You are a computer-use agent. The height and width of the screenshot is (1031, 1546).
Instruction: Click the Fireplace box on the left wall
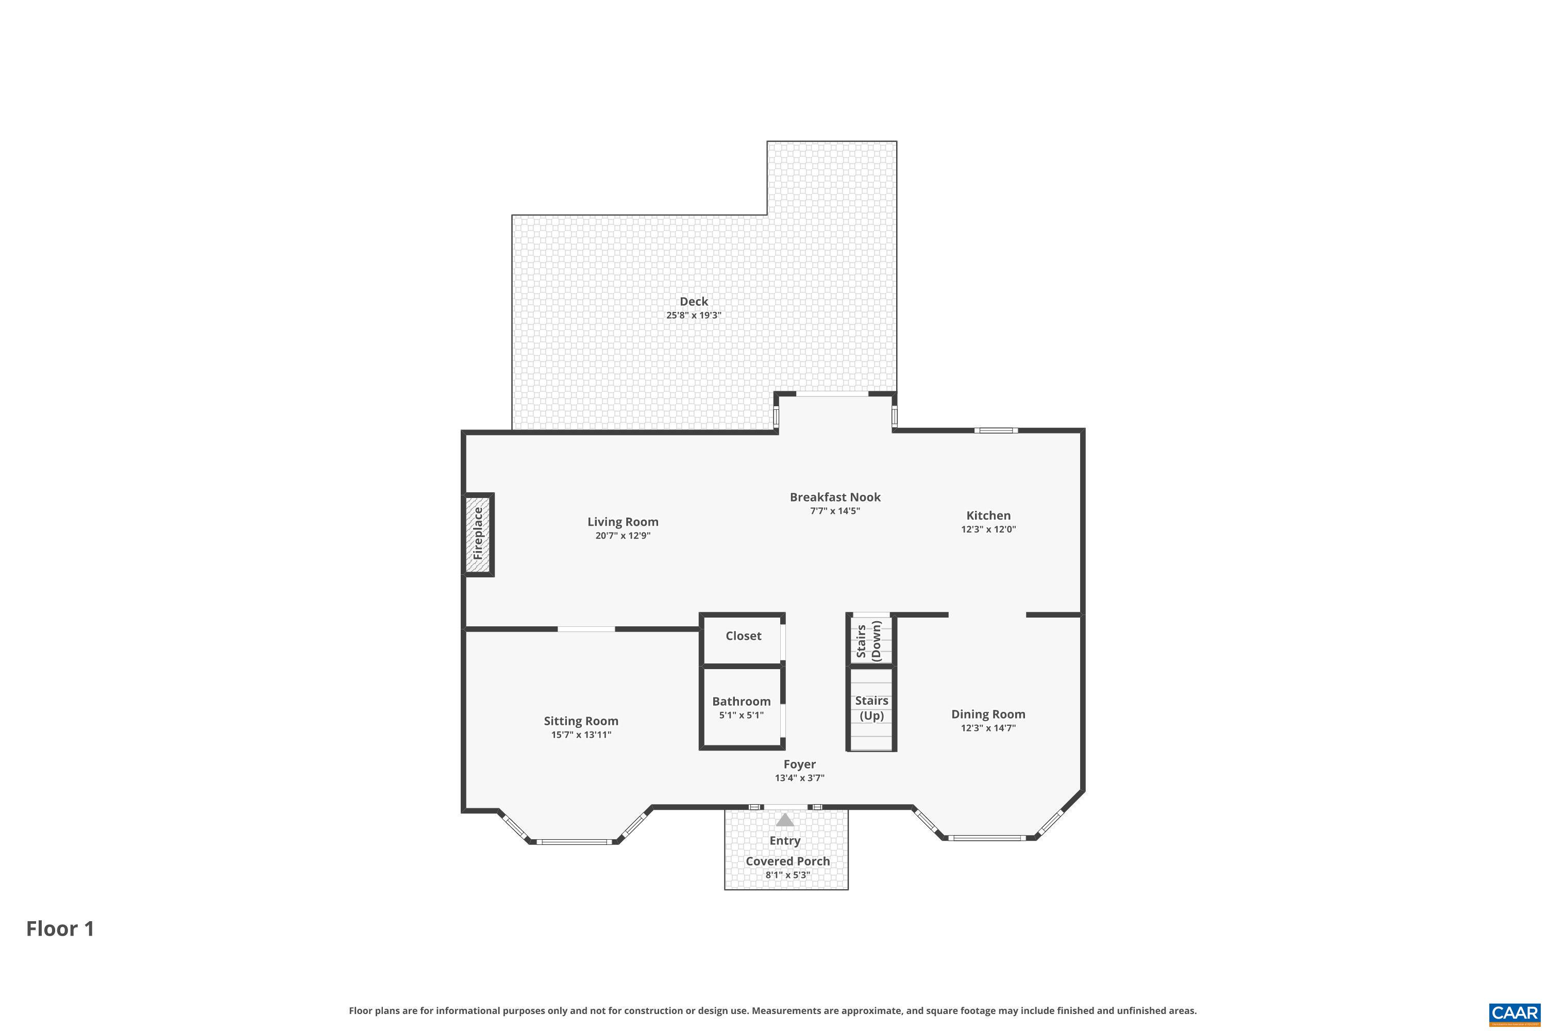[x=479, y=534]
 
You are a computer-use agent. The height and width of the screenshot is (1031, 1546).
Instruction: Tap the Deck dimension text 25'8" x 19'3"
[x=694, y=315]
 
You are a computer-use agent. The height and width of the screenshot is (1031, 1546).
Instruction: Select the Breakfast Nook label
[x=835, y=497]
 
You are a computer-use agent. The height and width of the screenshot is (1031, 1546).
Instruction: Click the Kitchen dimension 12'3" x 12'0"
[x=988, y=529]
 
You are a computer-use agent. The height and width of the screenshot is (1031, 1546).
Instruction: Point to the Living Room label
[x=623, y=521]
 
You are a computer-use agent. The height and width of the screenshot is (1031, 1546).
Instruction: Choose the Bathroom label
[x=741, y=701]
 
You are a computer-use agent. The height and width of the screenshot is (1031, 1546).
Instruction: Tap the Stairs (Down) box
[x=871, y=640]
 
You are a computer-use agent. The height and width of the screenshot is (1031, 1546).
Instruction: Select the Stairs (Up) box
[x=871, y=709]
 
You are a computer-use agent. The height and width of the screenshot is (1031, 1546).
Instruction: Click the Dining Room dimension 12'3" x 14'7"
[x=988, y=728]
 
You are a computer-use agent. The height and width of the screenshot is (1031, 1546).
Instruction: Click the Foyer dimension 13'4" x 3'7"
[x=799, y=778]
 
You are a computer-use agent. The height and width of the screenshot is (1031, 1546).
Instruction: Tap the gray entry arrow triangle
[x=785, y=821]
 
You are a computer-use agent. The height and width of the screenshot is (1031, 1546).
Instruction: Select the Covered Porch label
[x=787, y=861]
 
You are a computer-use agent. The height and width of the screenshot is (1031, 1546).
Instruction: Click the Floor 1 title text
[x=60, y=928]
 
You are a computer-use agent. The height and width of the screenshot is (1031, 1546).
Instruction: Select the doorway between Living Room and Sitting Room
[x=586, y=629]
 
